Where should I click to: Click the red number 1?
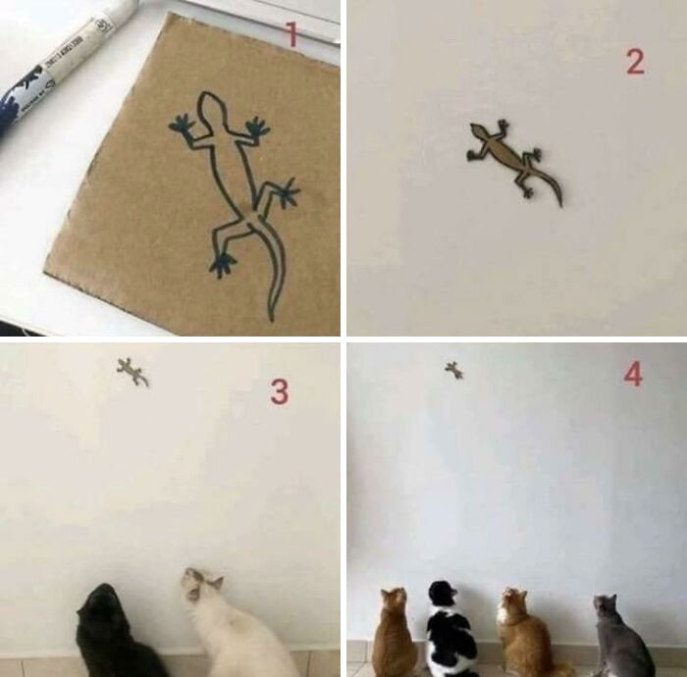point(291,37)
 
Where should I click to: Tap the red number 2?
point(635,63)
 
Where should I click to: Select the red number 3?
point(280,392)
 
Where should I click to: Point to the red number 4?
point(633,374)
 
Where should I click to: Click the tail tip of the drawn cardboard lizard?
point(271,316)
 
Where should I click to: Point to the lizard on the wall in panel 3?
point(132,371)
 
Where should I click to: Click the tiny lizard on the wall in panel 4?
point(453,370)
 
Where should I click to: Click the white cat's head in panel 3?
point(202,587)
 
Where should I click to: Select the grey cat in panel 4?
point(618,638)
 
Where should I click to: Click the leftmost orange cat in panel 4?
point(395,635)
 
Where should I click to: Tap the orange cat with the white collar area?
point(525,633)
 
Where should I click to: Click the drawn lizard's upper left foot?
point(181,125)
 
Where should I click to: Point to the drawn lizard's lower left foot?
point(222,263)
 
